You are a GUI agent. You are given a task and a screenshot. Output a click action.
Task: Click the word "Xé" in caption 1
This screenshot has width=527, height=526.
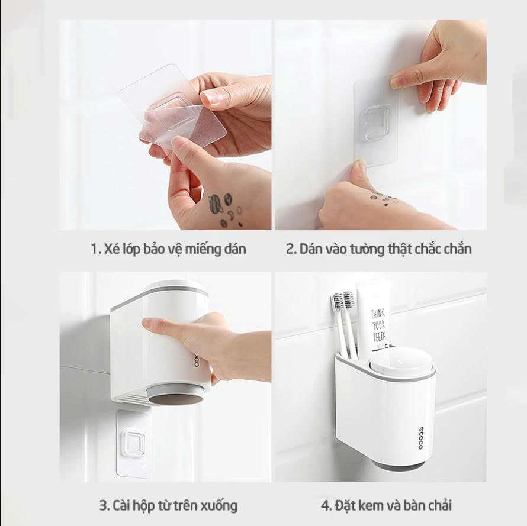tap(110, 249)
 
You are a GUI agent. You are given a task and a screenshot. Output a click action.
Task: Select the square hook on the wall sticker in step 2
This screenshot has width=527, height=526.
tap(377, 122)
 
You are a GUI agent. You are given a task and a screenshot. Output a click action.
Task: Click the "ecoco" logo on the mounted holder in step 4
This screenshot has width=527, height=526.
tap(421, 438)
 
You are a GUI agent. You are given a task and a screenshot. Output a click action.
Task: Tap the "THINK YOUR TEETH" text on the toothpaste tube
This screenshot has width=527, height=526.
tap(379, 325)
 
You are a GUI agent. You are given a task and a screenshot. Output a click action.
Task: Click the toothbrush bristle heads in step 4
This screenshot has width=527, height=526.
tap(343, 301)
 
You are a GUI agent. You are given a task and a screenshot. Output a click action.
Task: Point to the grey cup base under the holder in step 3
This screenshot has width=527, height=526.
tap(175, 395)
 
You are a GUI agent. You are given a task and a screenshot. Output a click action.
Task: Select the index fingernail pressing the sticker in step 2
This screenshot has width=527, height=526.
tap(399, 82)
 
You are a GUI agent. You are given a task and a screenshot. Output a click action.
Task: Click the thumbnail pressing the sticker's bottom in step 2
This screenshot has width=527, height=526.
tap(360, 165)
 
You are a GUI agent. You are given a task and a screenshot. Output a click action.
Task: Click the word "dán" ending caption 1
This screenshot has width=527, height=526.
tap(234, 249)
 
